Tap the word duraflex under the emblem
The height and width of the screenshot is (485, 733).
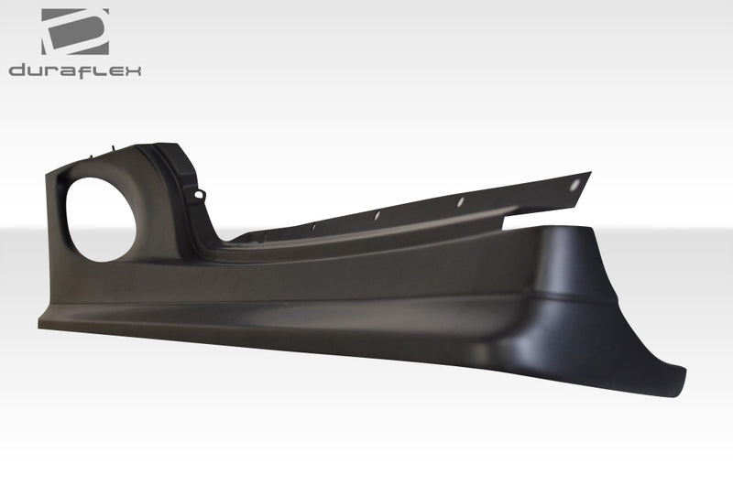click(x=75, y=70)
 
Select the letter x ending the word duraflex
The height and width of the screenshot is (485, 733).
click(x=133, y=70)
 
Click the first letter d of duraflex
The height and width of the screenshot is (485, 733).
click(x=16, y=70)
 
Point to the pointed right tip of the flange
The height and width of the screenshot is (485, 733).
click(x=589, y=174)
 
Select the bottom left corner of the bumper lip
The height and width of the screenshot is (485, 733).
click(x=39, y=324)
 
